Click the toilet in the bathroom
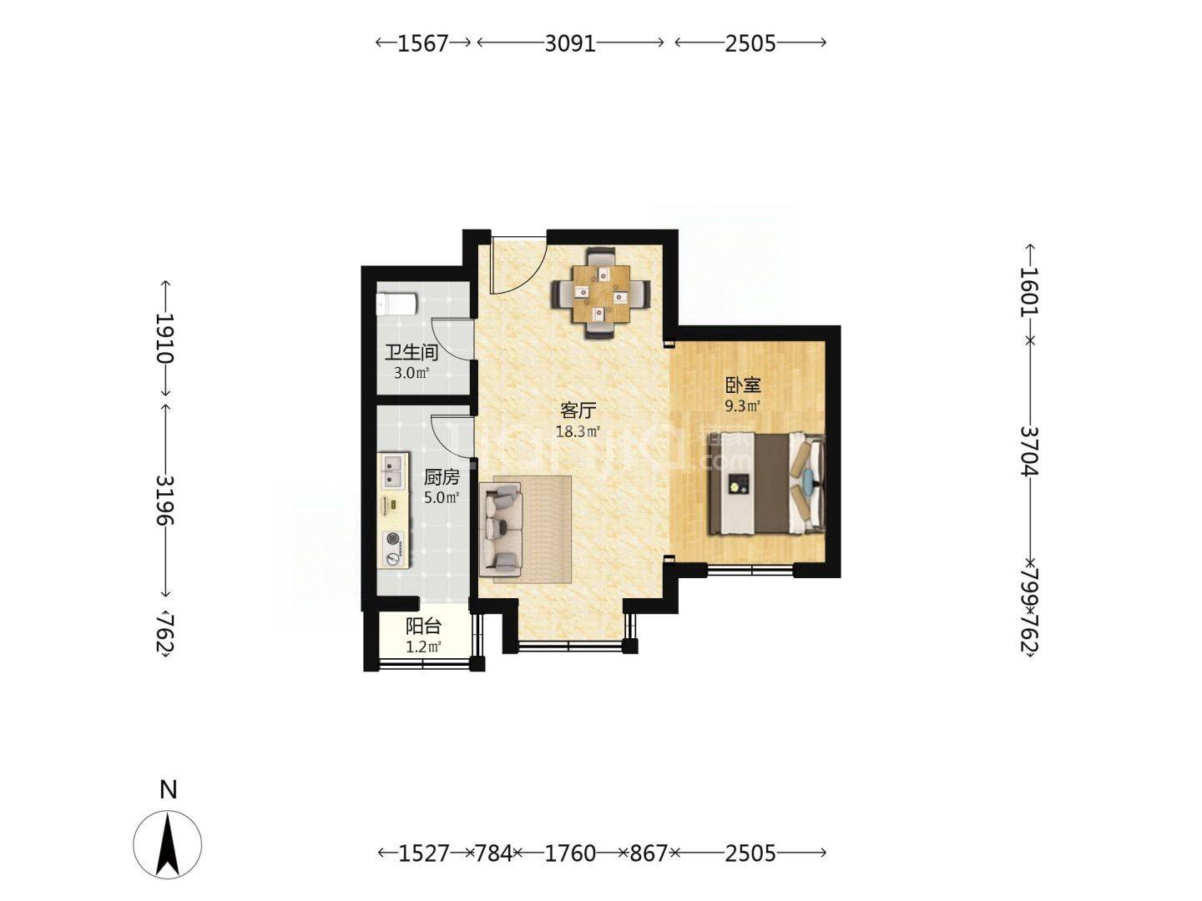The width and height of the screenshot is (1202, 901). coord(396,305)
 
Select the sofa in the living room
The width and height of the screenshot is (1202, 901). coord(501,530)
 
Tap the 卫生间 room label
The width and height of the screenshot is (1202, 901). coord(412,352)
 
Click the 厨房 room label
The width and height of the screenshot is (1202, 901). coord(442,477)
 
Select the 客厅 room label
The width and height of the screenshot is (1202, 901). coord(578,410)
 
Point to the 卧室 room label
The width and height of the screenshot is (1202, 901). coord(743,385)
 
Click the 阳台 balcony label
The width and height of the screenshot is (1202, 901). coord(423,627)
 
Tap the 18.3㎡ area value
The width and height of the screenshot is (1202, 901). coord(578,432)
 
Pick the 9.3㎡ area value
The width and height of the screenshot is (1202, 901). coord(743,406)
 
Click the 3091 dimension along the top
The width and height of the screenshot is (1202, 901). coord(570,43)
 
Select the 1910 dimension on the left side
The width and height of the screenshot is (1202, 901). coord(164,339)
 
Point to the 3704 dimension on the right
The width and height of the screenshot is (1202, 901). coord(1029,451)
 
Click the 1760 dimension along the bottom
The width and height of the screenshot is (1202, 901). coord(570,853)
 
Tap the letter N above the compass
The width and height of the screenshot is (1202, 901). coord(168,790)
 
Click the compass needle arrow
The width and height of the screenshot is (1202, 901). coord(168,843)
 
